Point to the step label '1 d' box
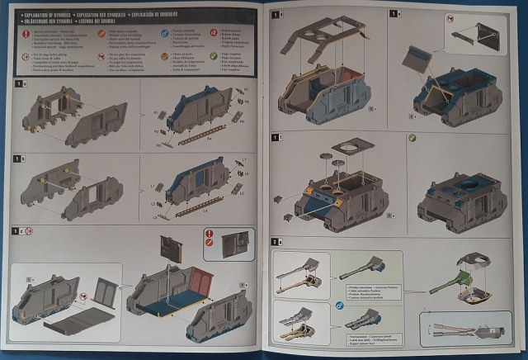pyautogui.click(x=277, y=15)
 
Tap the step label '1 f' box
pyautogui.click(x=277, y=136)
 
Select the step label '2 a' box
pyautogui.click(x=276, y=240)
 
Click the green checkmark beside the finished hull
pyautogui.click(x=412, y=138)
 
